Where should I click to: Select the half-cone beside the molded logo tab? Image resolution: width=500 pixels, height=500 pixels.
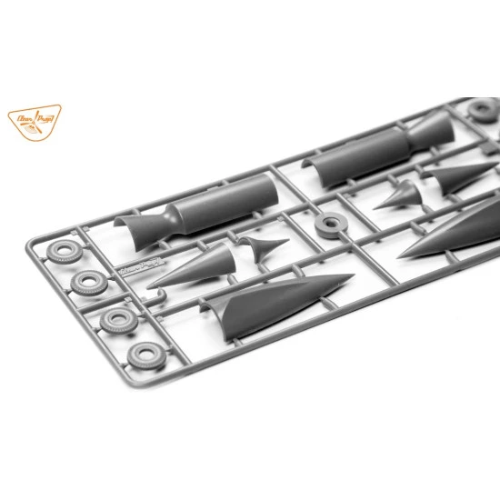point(195,268)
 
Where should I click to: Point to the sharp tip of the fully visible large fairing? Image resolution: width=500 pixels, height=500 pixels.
point(351,277)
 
